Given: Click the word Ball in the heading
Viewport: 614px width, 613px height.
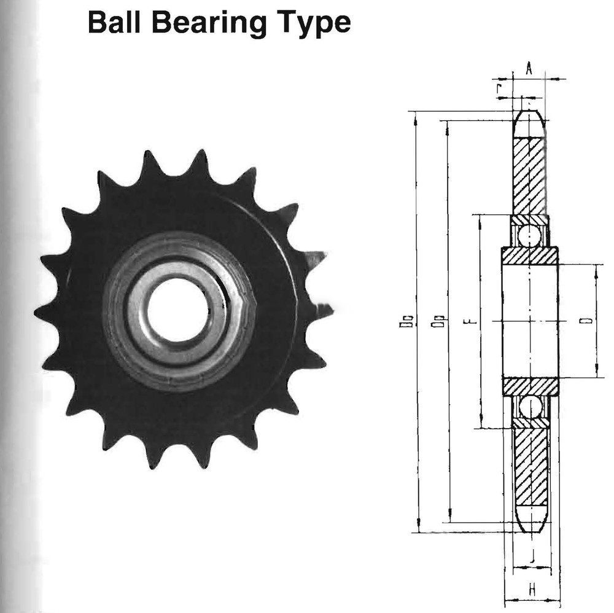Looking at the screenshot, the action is click(x=115, y=23).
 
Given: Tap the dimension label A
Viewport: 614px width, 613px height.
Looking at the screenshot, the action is click(x=529, y=69).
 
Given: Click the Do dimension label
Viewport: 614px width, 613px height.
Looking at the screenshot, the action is click(x=406, y=321).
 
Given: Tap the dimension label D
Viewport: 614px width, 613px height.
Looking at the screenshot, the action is click(x=587, y=321).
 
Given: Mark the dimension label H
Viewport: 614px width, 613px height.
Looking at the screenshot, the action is click(x=532, y=590).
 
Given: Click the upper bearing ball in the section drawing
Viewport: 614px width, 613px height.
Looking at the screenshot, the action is click(x=529, y=235).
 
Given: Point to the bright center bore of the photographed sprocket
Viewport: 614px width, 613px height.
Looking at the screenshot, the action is click(x=177, y=310).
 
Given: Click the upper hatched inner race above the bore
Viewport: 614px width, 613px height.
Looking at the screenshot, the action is click(x=530, y=256).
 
